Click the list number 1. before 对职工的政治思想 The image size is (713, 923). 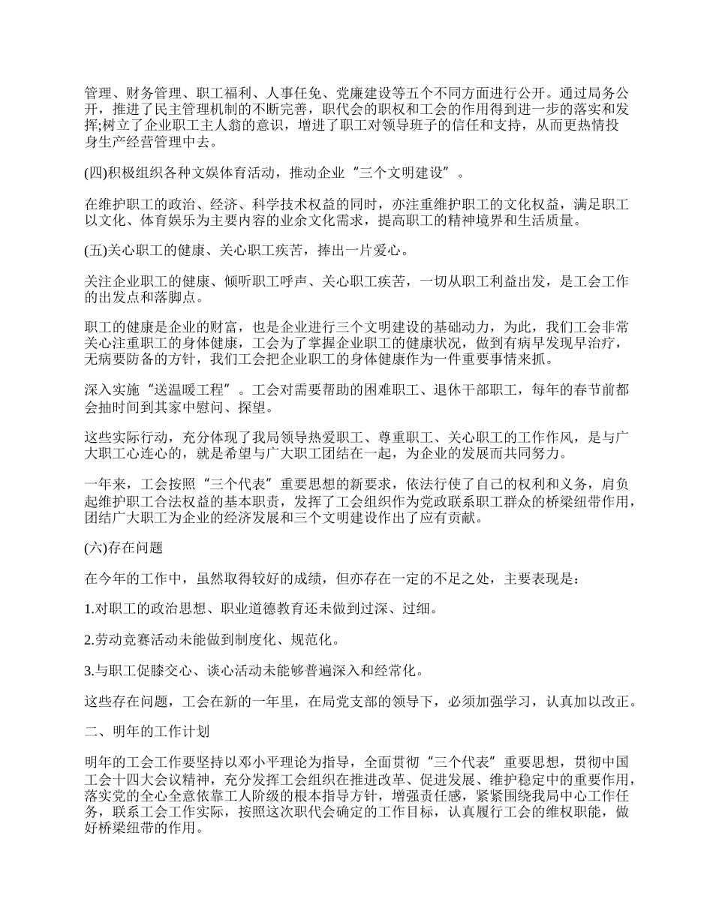89,609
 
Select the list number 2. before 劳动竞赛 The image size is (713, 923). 89,640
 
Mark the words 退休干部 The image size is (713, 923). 454,391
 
